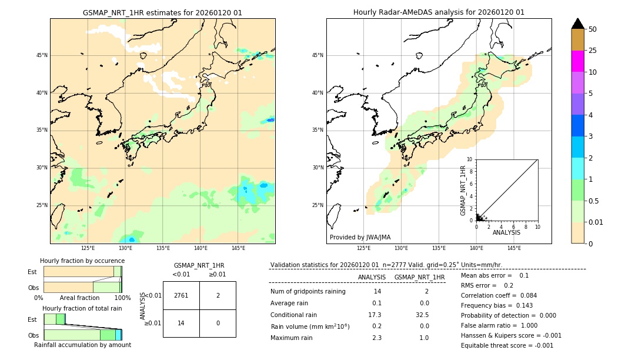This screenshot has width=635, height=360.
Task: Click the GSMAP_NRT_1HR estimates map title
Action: (x=162, y=12)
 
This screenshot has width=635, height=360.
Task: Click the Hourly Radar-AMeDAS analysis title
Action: (x=439, y=12)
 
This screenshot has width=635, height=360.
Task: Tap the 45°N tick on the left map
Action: (x=42, y=55)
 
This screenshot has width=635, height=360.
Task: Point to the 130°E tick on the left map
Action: (x=125, y=248)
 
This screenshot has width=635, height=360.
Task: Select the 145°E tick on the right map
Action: (x=514, y=248)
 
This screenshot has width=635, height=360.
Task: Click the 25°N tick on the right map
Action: (x=318, y=205)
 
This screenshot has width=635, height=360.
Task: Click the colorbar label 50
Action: (x=593, y=29)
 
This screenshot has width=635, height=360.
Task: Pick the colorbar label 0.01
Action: (x=596, y=222)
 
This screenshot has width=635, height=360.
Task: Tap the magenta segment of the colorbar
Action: (x=577, y=61)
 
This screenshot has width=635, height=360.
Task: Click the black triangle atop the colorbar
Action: (x=577, y=24)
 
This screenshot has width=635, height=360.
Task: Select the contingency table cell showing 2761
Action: (x=181, y=295)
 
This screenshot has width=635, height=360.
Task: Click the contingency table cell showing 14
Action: (x=181, y=323)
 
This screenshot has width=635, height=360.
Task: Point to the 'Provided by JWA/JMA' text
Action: (x=360, y=238)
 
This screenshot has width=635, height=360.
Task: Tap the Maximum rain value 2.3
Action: (x=377, y=338)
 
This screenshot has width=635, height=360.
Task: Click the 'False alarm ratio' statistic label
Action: (x=489, y=325)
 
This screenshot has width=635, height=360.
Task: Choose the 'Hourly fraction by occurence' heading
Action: (x=82, y=261)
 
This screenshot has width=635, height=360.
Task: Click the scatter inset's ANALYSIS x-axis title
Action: (x=506, y=233)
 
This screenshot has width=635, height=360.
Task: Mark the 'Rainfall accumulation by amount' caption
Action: (x=82, y=345)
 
